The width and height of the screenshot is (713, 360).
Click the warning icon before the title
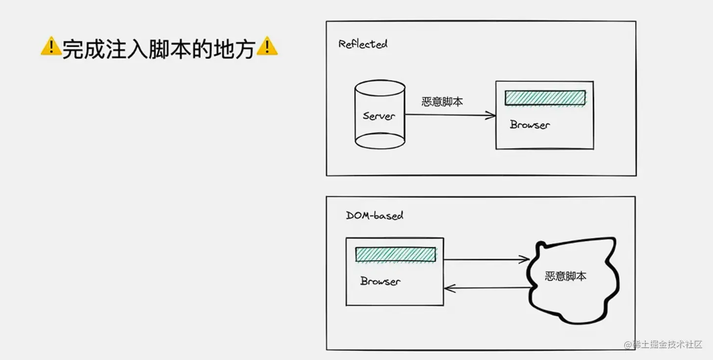[x=51, y=47]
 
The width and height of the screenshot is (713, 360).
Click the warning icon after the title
[x=267, y=47]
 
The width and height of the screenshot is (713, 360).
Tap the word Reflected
[x=363, y=44]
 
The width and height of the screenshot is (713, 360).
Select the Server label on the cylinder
[x=379, y=116]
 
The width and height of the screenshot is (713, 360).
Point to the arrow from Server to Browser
[x=450, y=115]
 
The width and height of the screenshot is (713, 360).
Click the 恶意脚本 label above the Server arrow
[x=442, y=102]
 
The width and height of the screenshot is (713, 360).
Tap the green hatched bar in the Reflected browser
[x=545, y=98]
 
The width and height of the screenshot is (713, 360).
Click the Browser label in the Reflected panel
[x=530, y=125]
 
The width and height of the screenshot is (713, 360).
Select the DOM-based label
[x=375, y=215]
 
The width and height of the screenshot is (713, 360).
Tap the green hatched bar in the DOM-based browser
[x=395, y=255]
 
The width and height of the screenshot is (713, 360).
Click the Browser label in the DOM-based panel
[x=380, y=281]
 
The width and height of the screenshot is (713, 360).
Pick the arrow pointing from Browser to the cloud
[x=486, y=259]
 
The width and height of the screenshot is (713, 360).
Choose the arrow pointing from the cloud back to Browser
[x=486, y=288]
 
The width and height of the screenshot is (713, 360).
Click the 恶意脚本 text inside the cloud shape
[x=565, y=276]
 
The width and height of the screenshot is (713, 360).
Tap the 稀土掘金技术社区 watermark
[x=667, y=344]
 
